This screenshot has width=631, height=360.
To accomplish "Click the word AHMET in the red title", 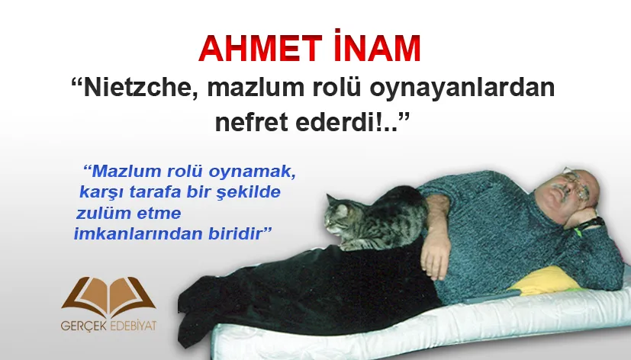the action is (x=260, y=49).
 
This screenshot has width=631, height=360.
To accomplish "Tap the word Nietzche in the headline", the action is (x=135, y=88).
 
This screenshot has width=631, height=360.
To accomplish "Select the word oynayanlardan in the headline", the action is (x=462, y=89).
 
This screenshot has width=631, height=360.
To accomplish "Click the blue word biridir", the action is (x=235, y=233).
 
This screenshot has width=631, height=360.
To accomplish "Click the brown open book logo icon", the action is (x=108, y=297).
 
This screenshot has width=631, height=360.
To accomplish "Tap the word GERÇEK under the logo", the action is (x=84, y=326).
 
